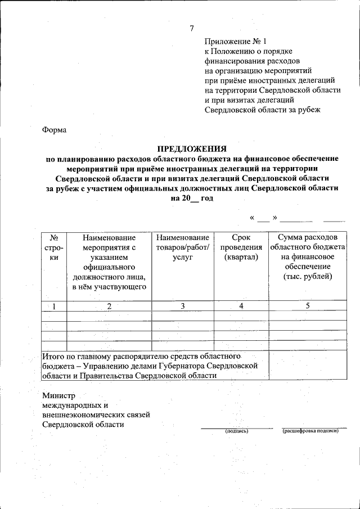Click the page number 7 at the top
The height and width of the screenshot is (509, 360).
[192, 29]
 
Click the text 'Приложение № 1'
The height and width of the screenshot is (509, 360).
[235, 42]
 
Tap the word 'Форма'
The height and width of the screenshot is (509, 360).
[55, 130]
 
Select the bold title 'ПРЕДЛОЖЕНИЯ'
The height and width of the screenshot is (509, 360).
[191, 149]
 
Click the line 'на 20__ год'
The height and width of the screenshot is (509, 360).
[191, 199]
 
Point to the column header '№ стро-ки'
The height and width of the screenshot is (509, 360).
[55, 247]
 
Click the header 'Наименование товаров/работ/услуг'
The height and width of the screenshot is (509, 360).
[183, 247]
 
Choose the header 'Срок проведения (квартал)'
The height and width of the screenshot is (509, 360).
[241, 247]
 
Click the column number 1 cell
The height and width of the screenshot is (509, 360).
[55, 306]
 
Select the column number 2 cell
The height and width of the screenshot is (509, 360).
[110, 306]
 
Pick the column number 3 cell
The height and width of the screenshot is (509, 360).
[183, 306]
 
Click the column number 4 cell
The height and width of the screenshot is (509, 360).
[241, 306]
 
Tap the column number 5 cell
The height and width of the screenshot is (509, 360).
[308, 306]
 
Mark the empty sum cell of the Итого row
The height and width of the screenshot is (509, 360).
[308, 366]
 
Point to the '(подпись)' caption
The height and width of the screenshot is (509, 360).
[236, 431]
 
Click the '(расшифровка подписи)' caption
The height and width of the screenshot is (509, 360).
[310, 431]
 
